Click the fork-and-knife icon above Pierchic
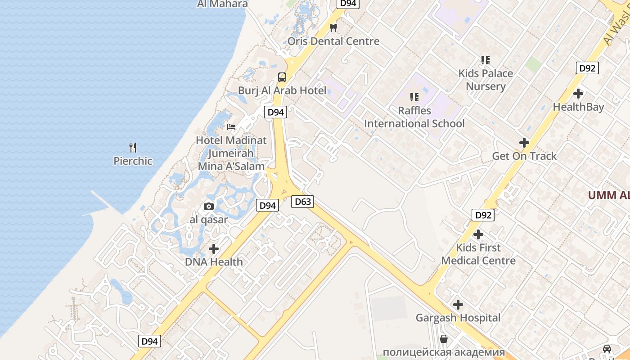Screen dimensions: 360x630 point(133,147)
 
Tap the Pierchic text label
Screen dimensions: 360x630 point(133,161)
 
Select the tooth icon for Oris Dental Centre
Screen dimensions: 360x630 point(333,27)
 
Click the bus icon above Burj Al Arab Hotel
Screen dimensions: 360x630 point(282,77)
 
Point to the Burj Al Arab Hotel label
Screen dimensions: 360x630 point(282,90)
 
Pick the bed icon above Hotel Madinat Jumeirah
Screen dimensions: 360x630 point(231,127)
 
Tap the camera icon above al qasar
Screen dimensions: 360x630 point(209,206)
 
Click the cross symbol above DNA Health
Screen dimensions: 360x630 point(214,248)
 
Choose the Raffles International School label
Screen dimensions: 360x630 point(414,117)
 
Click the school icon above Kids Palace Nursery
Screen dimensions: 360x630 point(485,60)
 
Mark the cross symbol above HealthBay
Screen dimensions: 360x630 point(578,94)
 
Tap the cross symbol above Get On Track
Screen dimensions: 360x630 point(524,143)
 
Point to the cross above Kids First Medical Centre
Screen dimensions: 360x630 point(478,234)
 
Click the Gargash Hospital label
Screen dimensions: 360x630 point(458,318)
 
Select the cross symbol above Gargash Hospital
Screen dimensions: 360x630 point(458,305)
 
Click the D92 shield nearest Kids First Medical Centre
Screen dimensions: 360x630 point(483,215)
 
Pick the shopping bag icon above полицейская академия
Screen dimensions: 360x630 point(444,338)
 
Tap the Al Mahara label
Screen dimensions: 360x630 point(222,4)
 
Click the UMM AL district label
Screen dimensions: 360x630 point(609,195)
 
